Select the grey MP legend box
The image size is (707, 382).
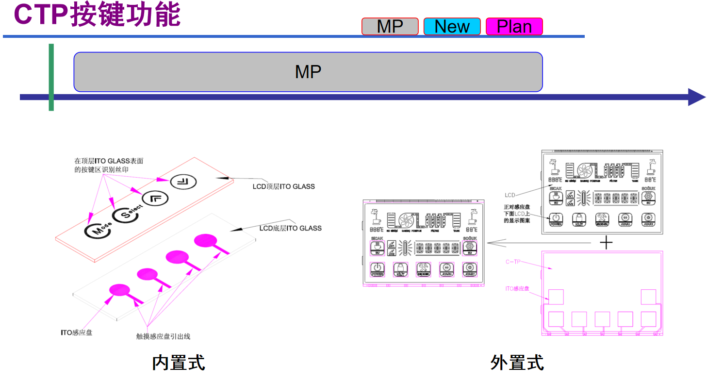pyautogui.click(x=390, y=26)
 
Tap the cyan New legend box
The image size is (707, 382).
pyautogui.click(x=452, y=26)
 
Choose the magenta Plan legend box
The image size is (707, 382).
pyautogui.click(x=514, y=26)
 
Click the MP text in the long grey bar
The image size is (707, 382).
pyautogui.click(x=308, y=72)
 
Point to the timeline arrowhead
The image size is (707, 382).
pyautogui.click(x=696, y=97)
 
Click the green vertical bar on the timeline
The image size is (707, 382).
pyautogui.click(x=51, y=77)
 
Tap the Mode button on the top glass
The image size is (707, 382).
pyautogui.click(x=98, y=230)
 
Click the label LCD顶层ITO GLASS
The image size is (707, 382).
pyautogui.click(x=283, y=186)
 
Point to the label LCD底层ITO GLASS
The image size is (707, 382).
pyautogui.click(x=290, y=228)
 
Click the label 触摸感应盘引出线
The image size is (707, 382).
pyautogui.click(x=163, y=336)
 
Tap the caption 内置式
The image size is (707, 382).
pyautogui.click(x=179, y=362)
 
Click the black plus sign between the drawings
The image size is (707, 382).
pyautogui.click(x=606, y=242)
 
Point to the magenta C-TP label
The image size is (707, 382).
pyautogui.click(x=513, y=262)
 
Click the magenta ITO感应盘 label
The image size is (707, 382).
pyautogui.click(x=517, y=289)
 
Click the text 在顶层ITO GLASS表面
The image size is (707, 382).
pyautogui.click(x=109, y=161)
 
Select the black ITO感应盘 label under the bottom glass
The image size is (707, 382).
pyautogui.click(x=77, y=332)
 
